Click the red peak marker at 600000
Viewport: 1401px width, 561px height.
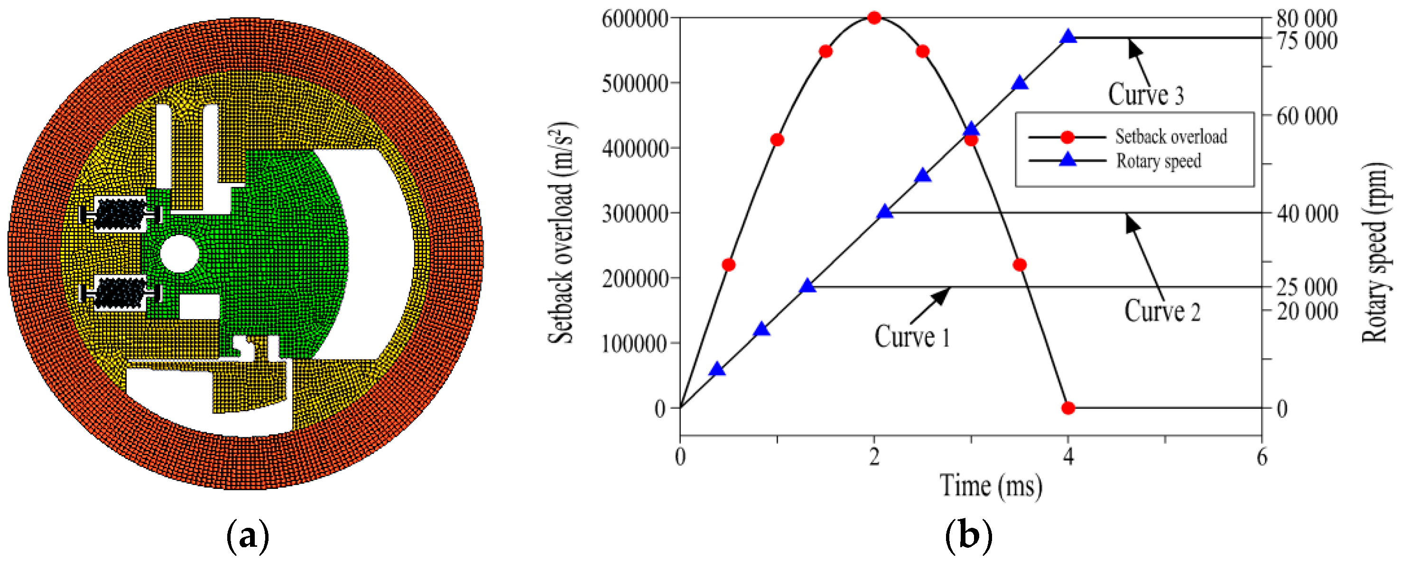pyautogui.click(x=874, y=18)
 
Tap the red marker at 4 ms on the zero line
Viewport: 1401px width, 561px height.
pyautogui.click(x=1068, y=408)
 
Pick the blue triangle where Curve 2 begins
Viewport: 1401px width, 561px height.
pyautogui.click(x=885, y=212)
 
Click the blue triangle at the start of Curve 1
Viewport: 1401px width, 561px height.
pyautogui.click(x=808, y=286)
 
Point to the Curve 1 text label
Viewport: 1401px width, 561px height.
pyautogui.click(x=912, y=337)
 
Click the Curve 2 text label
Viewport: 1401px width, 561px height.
pyautogui.click(x=1162, y=311)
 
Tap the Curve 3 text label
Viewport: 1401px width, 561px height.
pyautogui.click(x=1146, y=94)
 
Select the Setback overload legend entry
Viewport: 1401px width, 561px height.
pyautogui.click(x=1170, y=137)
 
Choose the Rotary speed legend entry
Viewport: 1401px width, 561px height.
pyautogui.click(x=1159, y=161)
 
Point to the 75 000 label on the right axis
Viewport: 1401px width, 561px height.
pyautogui.click(x=1307, y=41)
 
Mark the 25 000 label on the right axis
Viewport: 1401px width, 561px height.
pyautogui.click(x=1307, y=287)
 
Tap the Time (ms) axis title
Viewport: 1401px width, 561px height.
pyautogui.click(x=991, y=486)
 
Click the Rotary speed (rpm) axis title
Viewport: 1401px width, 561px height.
pyautogui.click(x=1374, y=252)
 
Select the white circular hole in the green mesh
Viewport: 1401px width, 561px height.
pyautogui.click(x=179, y=253)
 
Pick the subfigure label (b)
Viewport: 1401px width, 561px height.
pyautogui.click(x=968, y=536)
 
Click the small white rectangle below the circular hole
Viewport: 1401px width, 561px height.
pyautogui.click(x=199, y=307)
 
